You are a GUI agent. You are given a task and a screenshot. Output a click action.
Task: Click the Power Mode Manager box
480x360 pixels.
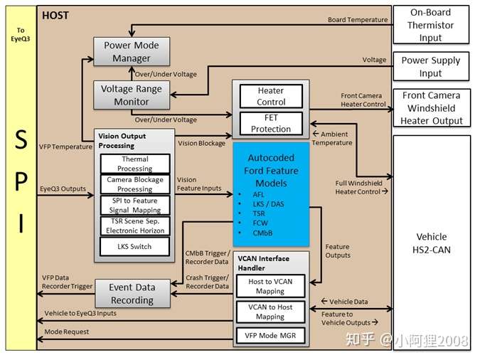click(132, 51)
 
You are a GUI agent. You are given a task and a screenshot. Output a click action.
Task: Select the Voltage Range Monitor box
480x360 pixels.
click(132, 95)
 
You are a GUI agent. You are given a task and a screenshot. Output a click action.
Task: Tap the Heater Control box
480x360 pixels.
click(271, 96)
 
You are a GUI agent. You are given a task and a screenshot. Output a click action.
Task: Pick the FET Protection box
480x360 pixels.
click(271, 124)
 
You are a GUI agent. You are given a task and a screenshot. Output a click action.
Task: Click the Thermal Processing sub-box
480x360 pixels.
click(135, 164)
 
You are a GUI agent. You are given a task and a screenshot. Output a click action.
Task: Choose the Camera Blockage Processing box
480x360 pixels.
click(135, 184)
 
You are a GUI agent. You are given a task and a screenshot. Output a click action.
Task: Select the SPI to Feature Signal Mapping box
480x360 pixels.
click(135, 206)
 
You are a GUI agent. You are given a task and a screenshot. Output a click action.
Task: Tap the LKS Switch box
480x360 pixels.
click(134, 246)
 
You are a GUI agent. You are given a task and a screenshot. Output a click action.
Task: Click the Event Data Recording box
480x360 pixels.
click(132, 294)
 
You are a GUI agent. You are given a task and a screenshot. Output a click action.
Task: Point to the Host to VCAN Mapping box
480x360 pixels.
click(271, 286)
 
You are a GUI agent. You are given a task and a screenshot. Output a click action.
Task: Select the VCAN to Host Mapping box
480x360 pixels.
click(271, 312)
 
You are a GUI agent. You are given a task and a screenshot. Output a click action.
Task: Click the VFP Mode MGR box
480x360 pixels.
click(271, 336)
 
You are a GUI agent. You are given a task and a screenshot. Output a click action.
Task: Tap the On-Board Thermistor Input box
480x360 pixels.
click(431, 25)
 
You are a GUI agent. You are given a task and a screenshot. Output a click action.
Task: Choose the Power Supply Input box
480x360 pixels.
click(431, 66)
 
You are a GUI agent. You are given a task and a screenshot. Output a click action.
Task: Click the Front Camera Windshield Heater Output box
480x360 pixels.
click(432, 108)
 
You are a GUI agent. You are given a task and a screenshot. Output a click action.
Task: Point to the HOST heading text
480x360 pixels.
click(55, 16)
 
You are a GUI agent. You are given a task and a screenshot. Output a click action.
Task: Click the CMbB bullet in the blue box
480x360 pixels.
click(262, 233)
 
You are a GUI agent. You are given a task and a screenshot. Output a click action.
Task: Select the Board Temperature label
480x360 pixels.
click(358, 20)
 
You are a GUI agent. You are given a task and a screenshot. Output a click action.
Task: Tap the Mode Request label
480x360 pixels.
click(66, 332)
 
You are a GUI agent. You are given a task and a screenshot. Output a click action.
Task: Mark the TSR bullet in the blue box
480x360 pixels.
click(259, 213)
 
